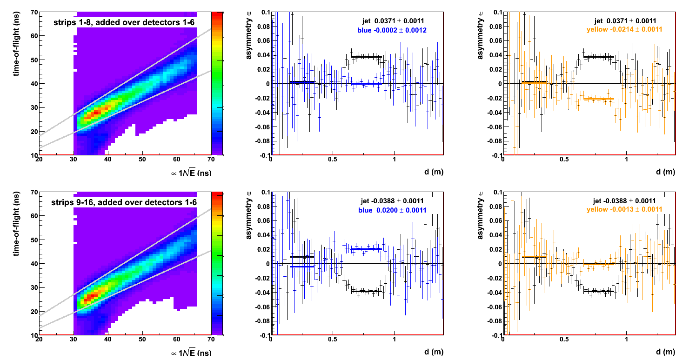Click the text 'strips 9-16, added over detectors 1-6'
click(124, 202)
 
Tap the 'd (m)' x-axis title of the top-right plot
click(664, 172)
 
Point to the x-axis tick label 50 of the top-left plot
click(142, 160)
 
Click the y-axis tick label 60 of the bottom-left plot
click(33, 216)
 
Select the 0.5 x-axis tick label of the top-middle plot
click(333, 160)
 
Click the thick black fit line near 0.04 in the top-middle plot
click(367, 57)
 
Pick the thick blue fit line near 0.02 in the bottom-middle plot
click(367, 249)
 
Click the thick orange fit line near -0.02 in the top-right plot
click(599, 99)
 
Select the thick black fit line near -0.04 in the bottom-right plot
click(599, 291)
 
